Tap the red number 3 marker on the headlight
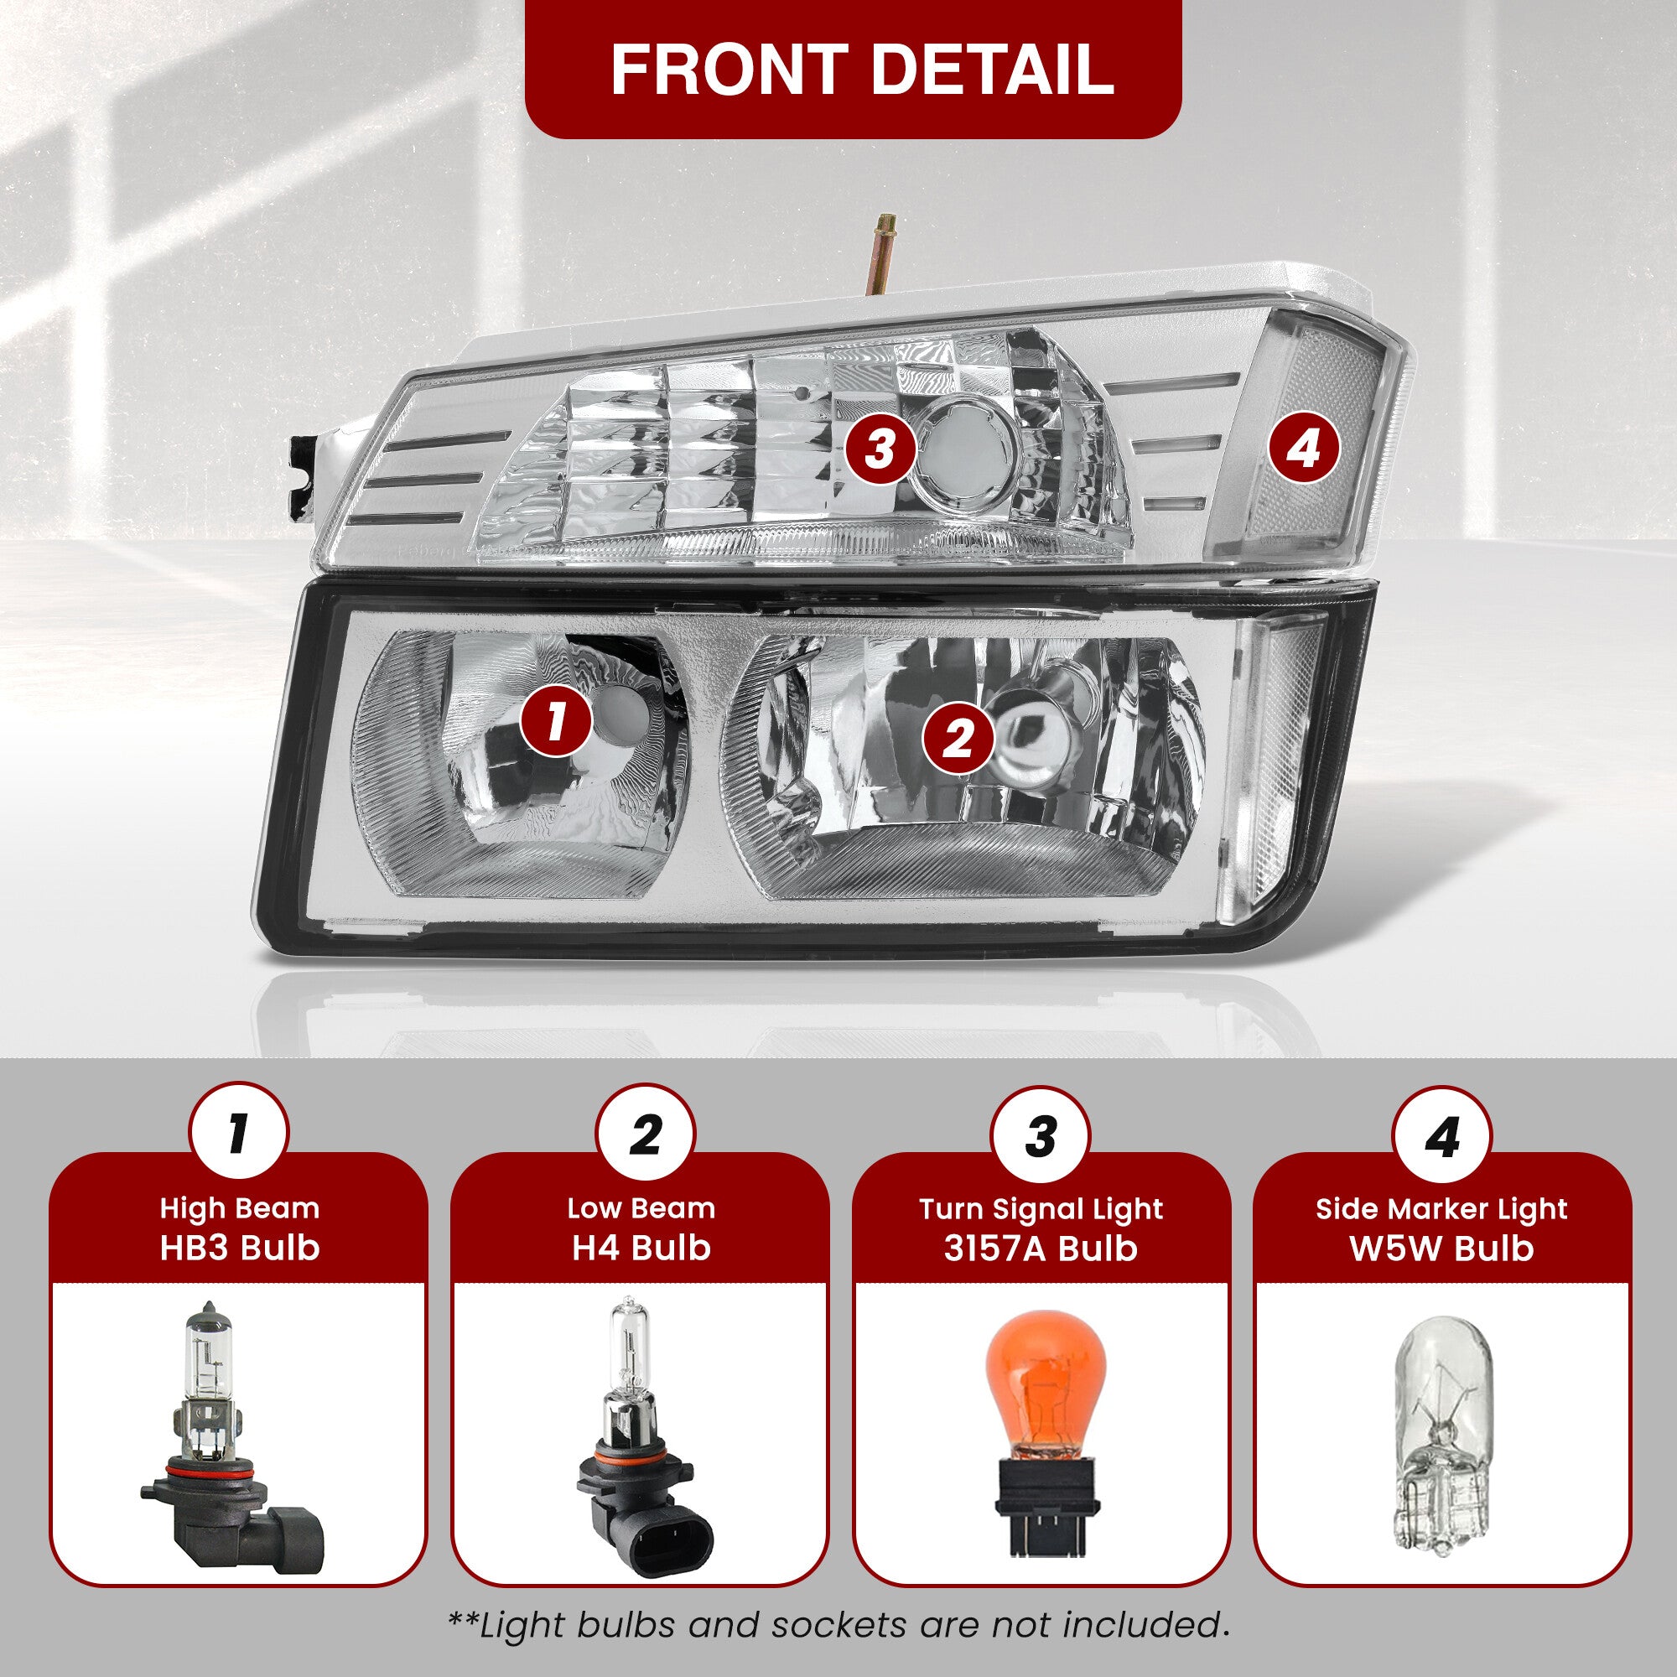click(x=880, y=449)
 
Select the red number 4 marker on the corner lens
click(x=1304, y=449)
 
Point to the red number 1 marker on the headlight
click(x=557, y=721)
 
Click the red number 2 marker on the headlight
click(x=958, y=740)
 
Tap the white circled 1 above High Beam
click(x=239, y=1135)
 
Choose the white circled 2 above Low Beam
click(x=645, y=1135)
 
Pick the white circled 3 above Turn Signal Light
click(x=1041, y=1135)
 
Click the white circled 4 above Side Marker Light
click(x=1441, y=1135)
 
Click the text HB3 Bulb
click(x=240, y=1248)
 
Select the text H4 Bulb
click(x=641, y=1248)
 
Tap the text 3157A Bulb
click(x=1041, y=1248)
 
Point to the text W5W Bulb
click(x=1441, y=1248)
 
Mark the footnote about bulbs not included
click(x=838, y=1624)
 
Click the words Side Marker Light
click(x=1441, y=1209)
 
